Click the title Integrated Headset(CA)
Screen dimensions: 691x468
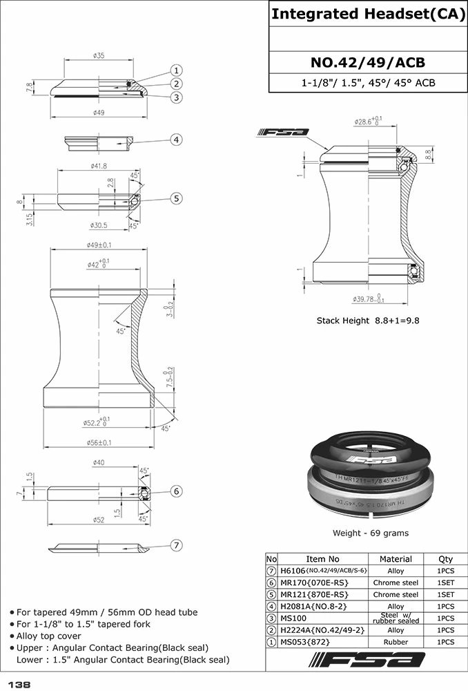367,14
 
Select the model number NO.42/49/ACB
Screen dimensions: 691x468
367,63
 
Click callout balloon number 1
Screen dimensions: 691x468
177,70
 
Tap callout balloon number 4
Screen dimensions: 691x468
177,140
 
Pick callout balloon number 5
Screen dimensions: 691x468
177,198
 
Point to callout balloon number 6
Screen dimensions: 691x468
177,491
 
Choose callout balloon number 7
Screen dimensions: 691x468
177,545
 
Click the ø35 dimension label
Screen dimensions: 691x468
98,55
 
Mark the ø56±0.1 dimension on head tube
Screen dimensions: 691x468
99,443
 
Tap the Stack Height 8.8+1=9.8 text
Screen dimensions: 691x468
368,321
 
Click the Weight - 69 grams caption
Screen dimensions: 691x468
370,533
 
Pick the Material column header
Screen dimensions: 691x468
396,559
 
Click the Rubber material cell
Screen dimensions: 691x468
396,642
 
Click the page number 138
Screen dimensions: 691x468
19,683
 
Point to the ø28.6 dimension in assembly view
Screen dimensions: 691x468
367,122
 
